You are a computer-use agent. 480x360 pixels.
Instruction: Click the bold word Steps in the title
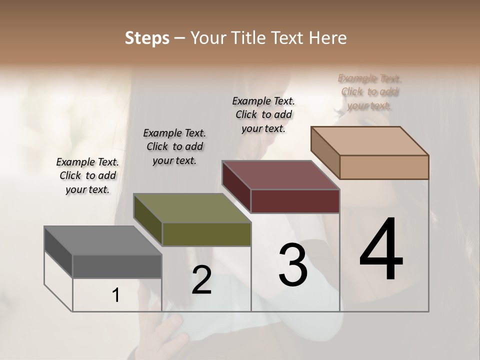(x=147, y=38)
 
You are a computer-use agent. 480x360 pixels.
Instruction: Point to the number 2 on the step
(x=202, y=279)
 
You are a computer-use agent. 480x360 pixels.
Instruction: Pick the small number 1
(x=116, y=295)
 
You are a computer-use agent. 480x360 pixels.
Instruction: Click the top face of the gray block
(x=103, y=240)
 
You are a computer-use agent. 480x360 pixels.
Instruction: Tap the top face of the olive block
(x=192, y=208)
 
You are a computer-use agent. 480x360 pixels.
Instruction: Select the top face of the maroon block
(x=280, y=175)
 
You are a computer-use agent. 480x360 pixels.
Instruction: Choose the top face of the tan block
(x=370, y=141)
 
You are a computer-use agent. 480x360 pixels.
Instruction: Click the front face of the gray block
(x=117, y=266)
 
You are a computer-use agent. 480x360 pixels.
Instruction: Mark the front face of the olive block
(x=206, y=234)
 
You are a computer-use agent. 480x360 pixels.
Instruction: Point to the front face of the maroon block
(x=295, y=201)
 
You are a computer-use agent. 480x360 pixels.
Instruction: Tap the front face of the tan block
(x=384, y=167)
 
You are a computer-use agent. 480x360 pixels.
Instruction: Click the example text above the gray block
(x=87, y=176)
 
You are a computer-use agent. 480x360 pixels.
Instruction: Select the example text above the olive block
(x=174, y=147)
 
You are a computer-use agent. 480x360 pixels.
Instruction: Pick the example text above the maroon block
(x=263, y=114)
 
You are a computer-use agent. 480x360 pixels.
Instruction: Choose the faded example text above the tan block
(x=369, y=92)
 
